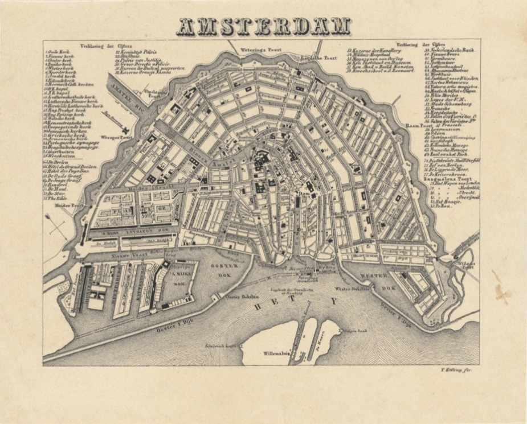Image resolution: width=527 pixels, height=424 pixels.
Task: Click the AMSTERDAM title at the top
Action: pos(264,26)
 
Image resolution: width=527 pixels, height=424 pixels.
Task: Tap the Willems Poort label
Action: pos(465,266)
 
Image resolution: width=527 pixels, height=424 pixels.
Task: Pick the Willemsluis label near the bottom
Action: pos(276,353)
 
